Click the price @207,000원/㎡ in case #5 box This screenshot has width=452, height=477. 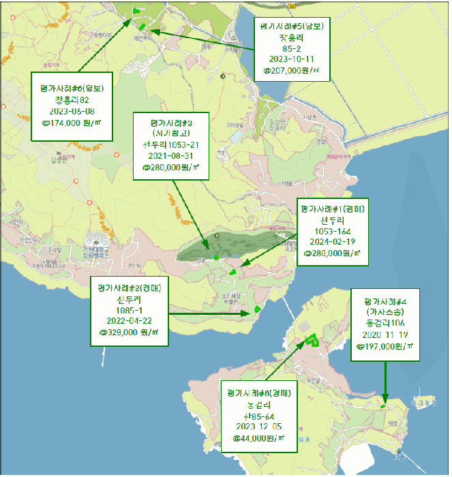click(x=292, y=70)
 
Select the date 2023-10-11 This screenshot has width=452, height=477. click(x=292, y=59)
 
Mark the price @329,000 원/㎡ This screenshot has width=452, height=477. click(x=129, y=333)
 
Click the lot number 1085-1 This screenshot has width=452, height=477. click(x=129, y=310)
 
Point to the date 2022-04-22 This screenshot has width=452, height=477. click(x=129, y=321)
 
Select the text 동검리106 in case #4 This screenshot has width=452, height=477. click(x=386, y=323)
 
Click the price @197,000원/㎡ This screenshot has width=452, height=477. click(x=386, y=345)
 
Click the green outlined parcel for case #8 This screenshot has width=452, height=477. click(x=313, y=340)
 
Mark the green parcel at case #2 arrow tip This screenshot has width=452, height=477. click(x=258, y=310)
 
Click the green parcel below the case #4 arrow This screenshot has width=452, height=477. click(x=384, y=406)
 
